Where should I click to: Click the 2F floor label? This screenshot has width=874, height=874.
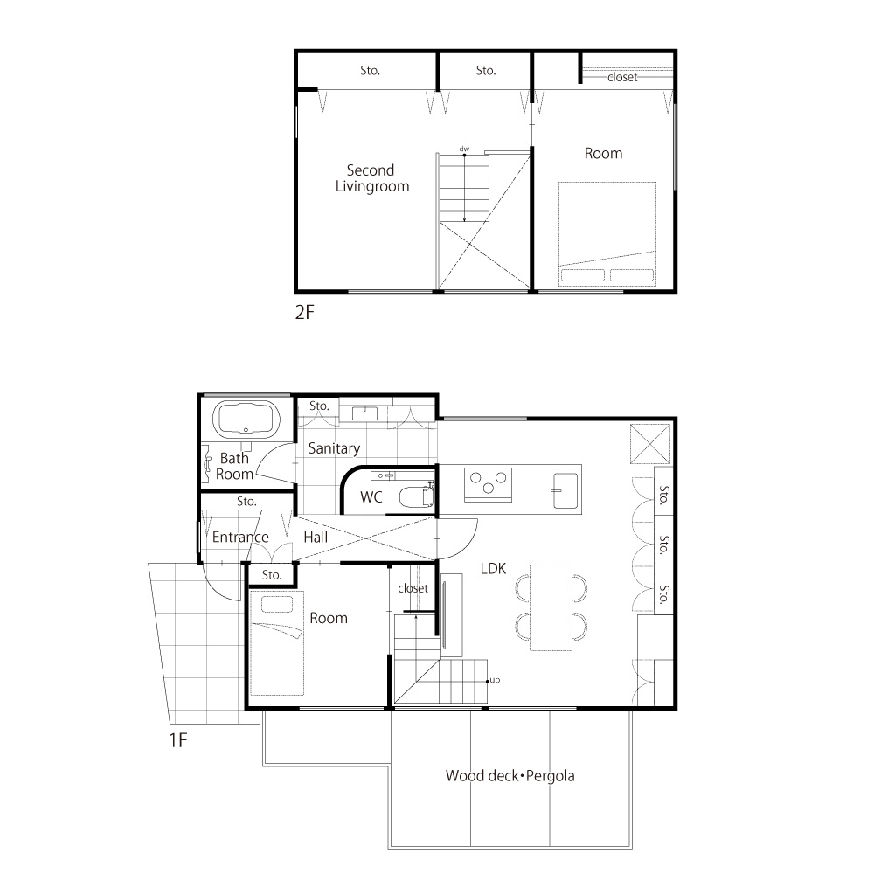pos(304,312)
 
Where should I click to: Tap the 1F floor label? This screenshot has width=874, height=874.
pos(177,740)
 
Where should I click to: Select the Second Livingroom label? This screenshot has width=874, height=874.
pos(371,177)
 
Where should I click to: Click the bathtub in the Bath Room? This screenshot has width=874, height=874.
pos(246,418)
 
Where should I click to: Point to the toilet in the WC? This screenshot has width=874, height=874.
pos(416,496)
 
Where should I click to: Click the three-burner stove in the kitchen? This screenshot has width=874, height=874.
pos(488,484)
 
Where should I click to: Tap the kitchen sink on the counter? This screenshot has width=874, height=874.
pos(565,490)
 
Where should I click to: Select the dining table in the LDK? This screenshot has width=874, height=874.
pos(551,607)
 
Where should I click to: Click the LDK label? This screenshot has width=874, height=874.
pos(493,569)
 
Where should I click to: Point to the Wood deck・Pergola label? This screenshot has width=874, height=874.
pos(510,776)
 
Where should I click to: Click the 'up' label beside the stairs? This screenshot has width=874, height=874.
pos(495,680)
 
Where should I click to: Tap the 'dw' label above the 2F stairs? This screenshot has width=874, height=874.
pos(464,149)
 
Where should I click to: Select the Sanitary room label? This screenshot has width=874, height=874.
pos(334,448)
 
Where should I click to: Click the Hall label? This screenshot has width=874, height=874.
pos(316,538)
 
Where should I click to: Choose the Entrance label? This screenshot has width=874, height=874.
pos(240,537)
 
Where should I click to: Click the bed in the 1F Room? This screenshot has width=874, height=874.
pos(276,642)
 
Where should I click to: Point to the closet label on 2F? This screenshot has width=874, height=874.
pos(622,77)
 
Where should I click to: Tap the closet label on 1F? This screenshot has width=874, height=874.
pos(413,588)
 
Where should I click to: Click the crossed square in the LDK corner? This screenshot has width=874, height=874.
pos(650,444)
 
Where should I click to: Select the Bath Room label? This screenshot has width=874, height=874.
pos(234,466)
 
